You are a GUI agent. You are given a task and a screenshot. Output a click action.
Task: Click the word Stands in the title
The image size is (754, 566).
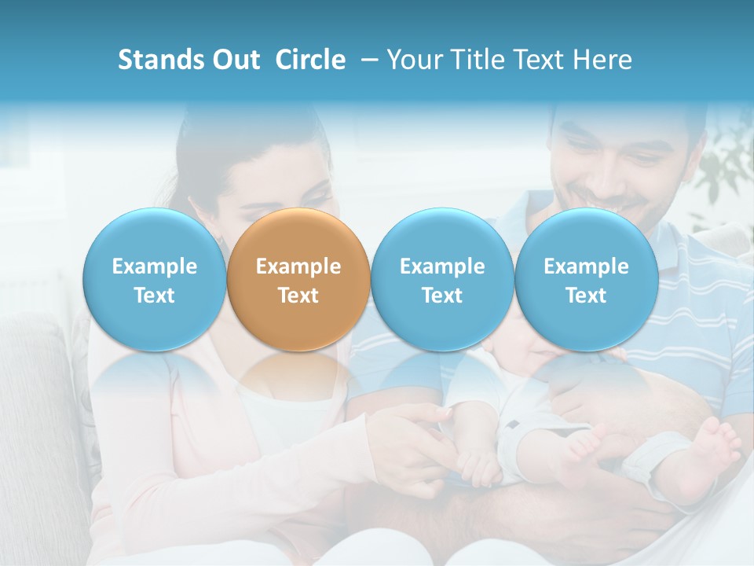(159, 60)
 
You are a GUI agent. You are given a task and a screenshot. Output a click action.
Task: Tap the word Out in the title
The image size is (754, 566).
(233, 60)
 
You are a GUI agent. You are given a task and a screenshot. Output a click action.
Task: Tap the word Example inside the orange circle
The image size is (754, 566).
(298, 266)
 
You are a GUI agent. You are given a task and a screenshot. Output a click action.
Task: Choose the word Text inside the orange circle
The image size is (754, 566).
(298, 296)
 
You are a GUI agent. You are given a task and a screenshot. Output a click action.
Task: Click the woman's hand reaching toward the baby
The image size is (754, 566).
(416, 432)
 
